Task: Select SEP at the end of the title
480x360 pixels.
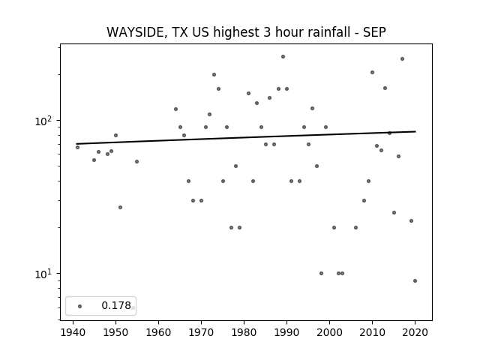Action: (374, 32)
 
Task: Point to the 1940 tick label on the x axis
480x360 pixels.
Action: (73, 332)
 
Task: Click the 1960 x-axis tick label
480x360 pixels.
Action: (158, 332)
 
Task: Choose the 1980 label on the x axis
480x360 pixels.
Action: (244, 332)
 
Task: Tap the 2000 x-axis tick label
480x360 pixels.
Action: (329, 332)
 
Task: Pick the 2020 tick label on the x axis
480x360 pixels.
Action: (415, 332)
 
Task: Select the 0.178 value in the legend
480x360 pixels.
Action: (116, 305)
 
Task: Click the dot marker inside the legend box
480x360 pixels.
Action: (80, 306)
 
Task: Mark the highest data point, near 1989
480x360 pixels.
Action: (283, 57)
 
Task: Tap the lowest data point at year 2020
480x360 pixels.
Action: (415, 280)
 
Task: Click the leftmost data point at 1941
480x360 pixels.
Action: (78, 147)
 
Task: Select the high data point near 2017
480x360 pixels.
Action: (402, 58)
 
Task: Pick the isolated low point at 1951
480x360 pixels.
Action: (120, 207)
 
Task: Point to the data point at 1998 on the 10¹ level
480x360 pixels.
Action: (321, 273)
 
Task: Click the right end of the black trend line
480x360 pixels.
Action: (415, 131)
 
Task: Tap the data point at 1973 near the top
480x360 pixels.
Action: (214, 75)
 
